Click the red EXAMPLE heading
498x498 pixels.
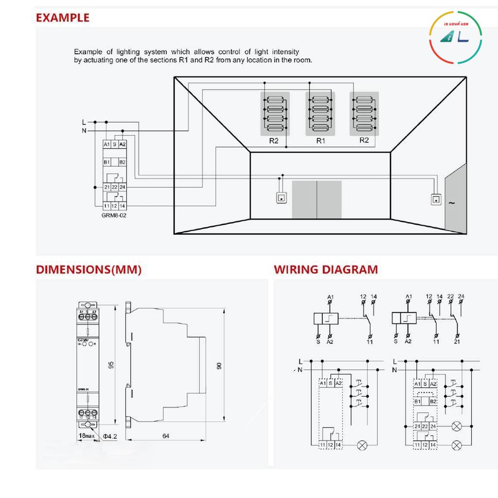(x=63, y=18)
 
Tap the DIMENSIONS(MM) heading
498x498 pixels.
(x=89, y=270)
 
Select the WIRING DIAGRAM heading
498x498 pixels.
(x=325, y=270)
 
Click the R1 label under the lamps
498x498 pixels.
(x=320, y=141)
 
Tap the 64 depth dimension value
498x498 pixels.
(x=166, y=436)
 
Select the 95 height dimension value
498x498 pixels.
(x=110, y=365)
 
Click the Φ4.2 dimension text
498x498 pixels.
(x=110, y=436)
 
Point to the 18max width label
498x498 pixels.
(x=86, y=436)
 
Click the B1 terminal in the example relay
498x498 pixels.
(x=107, y=162)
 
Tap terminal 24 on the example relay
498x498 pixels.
(x=122, y=187)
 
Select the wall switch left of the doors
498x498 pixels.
(x=281, y=197)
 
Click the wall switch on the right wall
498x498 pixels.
(x=436, y=198)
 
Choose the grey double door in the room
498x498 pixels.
(x=317, y=199)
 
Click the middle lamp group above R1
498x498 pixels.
(x=320, y=114)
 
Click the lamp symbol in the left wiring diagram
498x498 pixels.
(x=362, y=445)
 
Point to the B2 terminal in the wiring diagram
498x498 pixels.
(x=433, y=402)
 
